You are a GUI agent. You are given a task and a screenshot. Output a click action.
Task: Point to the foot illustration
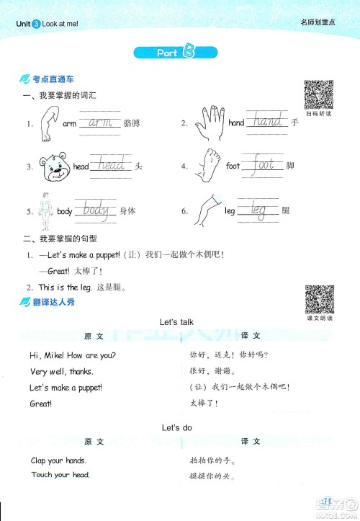(209, 167)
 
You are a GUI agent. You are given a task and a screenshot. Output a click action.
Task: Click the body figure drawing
(48, 210)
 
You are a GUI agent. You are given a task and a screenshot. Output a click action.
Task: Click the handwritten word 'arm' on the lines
(100, 123)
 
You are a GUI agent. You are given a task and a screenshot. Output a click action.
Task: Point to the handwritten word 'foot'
(264, 166)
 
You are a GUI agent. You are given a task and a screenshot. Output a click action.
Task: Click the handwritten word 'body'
(96, 211)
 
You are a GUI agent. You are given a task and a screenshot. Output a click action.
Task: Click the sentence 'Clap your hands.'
(58, 460)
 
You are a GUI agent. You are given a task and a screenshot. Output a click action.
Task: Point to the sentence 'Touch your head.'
(60, 475)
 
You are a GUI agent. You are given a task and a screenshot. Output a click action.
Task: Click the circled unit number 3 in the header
(36, 23)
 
